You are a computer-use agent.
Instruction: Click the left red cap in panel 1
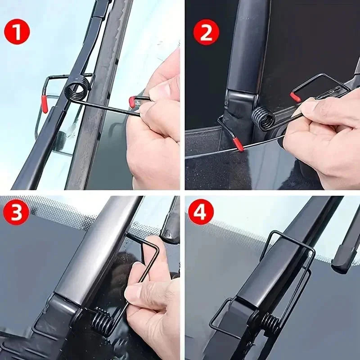click(45, 103)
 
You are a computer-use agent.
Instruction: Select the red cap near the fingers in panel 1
click(132, 102)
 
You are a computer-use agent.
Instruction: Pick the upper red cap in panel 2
click(295, 97)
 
